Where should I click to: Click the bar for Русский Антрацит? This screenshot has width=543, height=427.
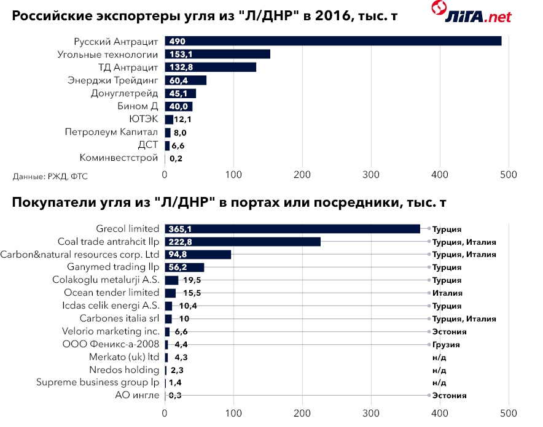pos(333,41)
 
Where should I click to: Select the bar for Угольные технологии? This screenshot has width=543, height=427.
pos(217,54)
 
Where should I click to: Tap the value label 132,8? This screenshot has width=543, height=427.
pos(182,67)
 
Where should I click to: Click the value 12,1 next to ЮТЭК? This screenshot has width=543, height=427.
pos(183,119)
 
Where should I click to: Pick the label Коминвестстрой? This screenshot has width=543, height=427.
pos(119,158)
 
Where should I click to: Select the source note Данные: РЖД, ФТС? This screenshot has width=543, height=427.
pos(50,176)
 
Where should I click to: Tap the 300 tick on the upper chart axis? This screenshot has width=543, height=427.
pos(371,175)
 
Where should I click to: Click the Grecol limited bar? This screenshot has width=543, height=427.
pos(292,229)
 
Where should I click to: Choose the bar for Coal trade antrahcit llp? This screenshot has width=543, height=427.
pos(243,242)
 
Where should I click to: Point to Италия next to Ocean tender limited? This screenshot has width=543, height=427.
pos(447,293)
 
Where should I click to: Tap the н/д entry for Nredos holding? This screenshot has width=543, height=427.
pos(439,370)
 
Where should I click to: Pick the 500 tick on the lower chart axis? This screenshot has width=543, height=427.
pos(509,413)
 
